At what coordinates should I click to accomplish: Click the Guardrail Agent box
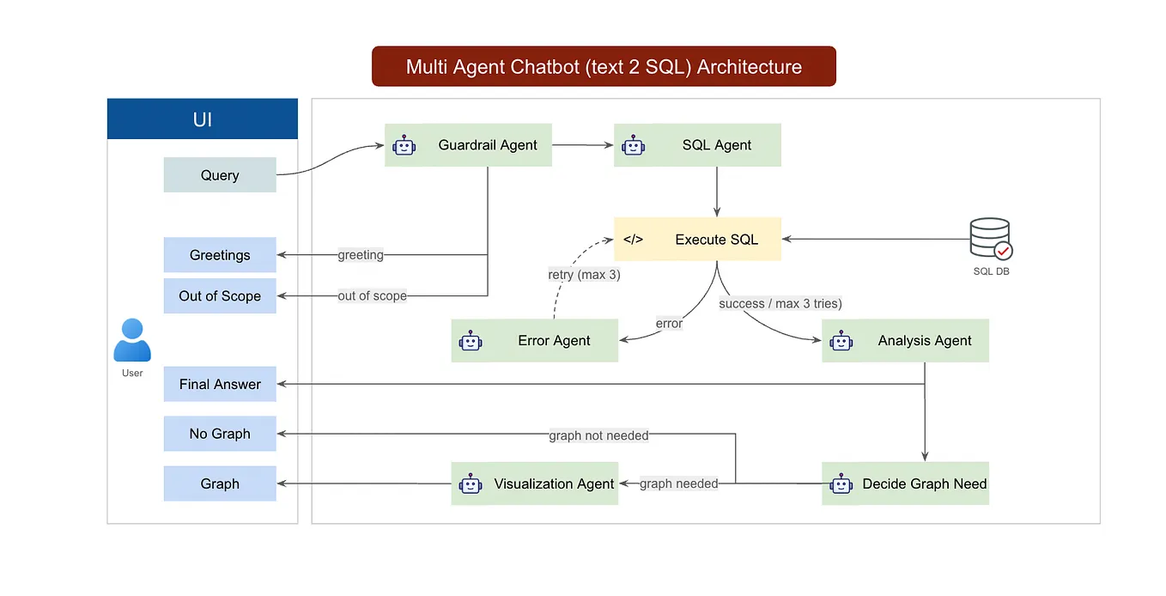tap(468, 145)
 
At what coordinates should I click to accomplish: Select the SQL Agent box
tap(697, 145)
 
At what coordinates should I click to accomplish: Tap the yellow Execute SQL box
tap(697, 240)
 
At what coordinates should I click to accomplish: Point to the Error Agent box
tap(534, 341)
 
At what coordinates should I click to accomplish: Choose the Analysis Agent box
tap(905, 341)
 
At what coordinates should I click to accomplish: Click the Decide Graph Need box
tap(905, 483)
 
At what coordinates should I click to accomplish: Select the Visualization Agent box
tap(534, 483)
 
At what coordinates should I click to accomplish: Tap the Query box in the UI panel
tap(220, 175)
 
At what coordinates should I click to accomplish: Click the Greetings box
tap(220, 255)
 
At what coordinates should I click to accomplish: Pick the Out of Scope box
tap(220, 296)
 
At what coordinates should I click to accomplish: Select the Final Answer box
tap(220, 385)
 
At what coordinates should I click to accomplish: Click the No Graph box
tap(220, 434)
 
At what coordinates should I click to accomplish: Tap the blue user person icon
tap(132, 341)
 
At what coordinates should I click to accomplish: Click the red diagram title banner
tap(604, 67)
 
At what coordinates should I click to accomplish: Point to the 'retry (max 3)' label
tap(584, 276)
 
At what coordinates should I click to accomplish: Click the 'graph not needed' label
tap(598, 436)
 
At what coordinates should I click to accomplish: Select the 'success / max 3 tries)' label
tap(780, 303)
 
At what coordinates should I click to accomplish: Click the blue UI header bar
tap(203, 119)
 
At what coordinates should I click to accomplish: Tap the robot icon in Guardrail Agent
tap(404, 145)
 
